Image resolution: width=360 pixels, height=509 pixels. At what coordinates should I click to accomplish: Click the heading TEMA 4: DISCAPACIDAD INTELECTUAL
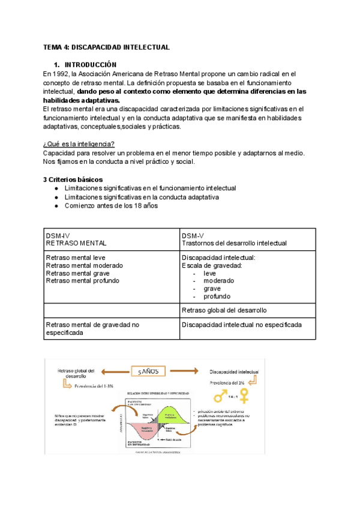[107, 47]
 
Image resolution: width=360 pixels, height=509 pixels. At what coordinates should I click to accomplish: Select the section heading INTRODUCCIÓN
[91, 64]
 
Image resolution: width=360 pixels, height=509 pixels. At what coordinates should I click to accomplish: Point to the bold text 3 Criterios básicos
[73, 179]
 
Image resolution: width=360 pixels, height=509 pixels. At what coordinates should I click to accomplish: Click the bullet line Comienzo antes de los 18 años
[111, 206]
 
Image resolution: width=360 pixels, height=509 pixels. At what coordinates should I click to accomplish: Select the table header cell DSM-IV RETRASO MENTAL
[76, 239]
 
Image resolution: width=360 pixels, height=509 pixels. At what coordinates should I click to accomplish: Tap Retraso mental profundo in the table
[82, 281]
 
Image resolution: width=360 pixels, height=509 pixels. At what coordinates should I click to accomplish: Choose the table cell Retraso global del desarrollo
[224, 310]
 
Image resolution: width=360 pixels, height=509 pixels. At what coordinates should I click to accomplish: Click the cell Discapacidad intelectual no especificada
[241, 325]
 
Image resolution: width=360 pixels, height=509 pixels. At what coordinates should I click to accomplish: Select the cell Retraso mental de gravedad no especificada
[92, 329]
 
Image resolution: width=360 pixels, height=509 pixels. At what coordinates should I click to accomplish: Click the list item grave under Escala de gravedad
[212, 289]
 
